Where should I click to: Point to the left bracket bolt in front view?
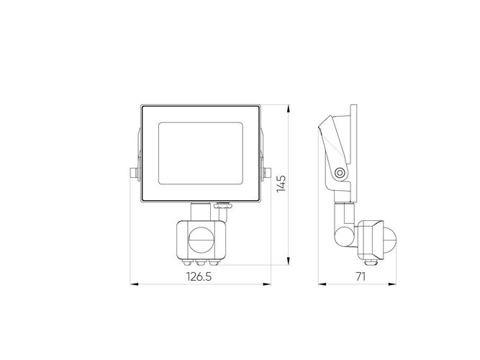[131, 174]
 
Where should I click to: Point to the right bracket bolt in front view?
[268, 174]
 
